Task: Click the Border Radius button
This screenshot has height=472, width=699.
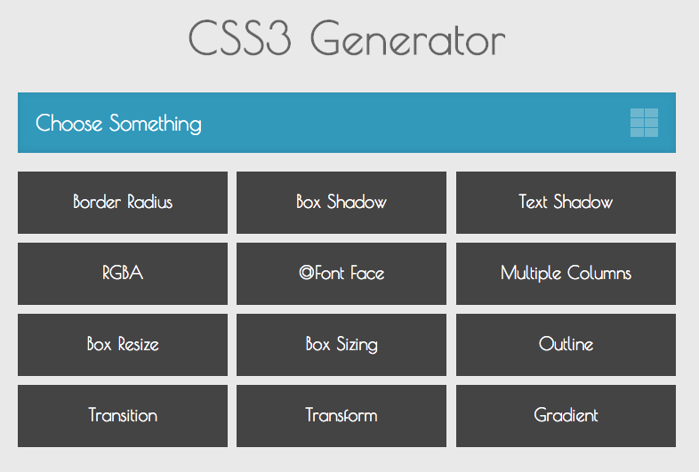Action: pos(123,203)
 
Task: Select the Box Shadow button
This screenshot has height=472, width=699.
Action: pos(341,203)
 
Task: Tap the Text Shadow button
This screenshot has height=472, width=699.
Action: pos(566,203)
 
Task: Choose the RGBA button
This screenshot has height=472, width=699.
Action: pos(123,274)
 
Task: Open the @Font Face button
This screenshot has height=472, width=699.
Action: pos(341,274)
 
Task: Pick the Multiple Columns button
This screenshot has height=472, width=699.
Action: pos(566,274)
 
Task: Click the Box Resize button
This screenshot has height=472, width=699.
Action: pos(123,345)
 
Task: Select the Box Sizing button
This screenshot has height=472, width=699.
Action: pos(341,345)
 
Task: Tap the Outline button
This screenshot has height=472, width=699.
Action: pos(566,345)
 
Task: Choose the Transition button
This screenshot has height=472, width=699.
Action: pos(123,416)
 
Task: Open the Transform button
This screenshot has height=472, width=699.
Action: pos(341,416)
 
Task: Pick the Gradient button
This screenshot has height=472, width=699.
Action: pos(566,416)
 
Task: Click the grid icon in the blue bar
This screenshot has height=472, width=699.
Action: pos(644,123)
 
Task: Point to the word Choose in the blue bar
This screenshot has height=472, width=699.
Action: pos(69,123)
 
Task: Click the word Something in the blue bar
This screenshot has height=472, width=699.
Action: pos(156,124)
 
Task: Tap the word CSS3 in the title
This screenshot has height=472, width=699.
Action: pos(240,38)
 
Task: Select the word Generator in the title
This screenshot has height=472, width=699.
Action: pos(408,39)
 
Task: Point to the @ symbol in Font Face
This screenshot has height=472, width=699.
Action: pos(306,273)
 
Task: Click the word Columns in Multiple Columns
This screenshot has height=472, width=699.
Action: pos(599,273)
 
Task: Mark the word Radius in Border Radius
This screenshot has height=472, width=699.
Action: pos(149,202)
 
